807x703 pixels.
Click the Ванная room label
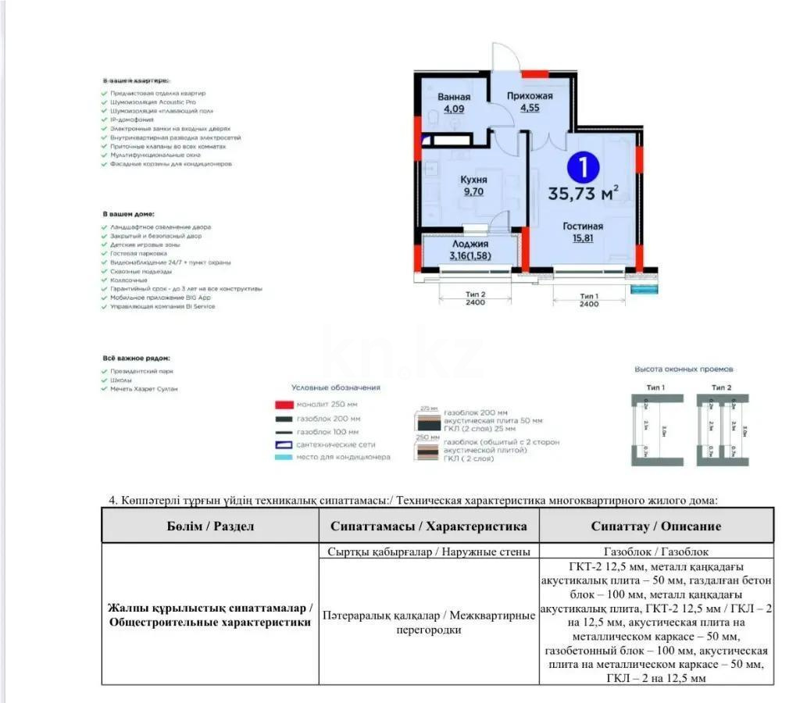click(x=453, y=97)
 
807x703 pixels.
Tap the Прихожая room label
click(x=530, y=96)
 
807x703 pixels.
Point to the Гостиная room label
click(x=583, y=227)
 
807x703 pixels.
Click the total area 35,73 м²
click(x=584, y=194)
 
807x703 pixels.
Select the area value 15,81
click(x=583, y=238)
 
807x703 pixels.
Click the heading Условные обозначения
click(x=335, y=387)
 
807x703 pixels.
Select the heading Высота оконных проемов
click(x=684, y=369)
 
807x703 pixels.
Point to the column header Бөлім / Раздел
click(x=210, y=526)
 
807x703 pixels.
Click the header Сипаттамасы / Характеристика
click(x=429, y=526)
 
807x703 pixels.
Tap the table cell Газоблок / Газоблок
click(x=655, y=551)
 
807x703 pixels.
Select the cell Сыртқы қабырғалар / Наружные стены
click(x=429, y=551)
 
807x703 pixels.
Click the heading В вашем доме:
click(x=128, y=213)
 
